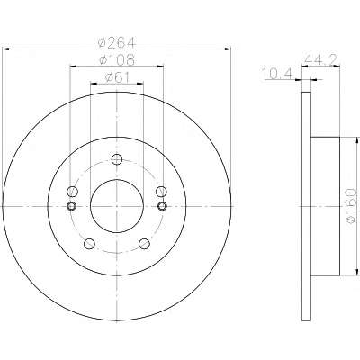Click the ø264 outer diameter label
pyautogui.click(x=117, y=42)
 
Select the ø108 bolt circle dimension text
pyautogui.click(x=117, y=59)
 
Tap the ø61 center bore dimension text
pyautogui.click(x=117, y=77)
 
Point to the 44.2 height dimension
pyautogui.click(x=321, y=60)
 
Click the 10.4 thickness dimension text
pyautogui.click(x=278, y=74)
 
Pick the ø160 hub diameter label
pyautogui.click(x=351, y=206)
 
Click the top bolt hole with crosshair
pyautogui.click(x=117, y=159)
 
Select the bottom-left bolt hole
pyautogui.click(x=89, y=244)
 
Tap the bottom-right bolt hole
pyautogui.click(x=144, y=244)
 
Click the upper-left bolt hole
pyautogui.click(x=72, y=191)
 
